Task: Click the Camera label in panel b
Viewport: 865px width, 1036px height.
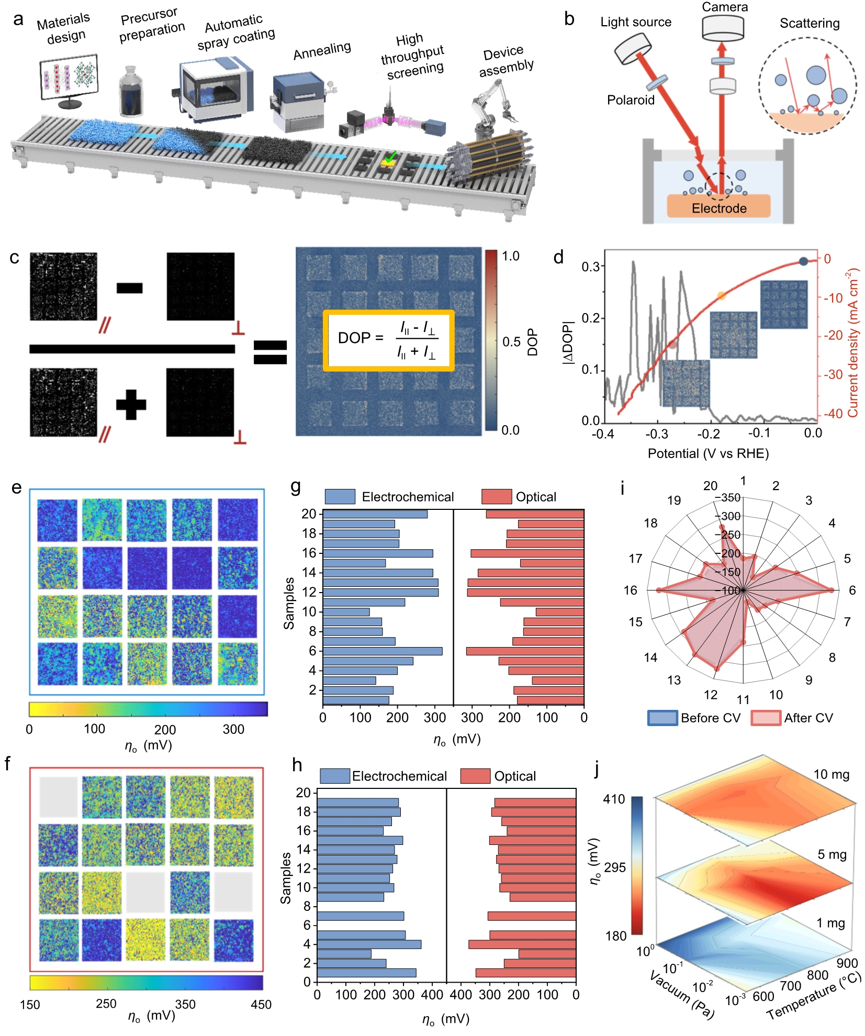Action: (725, 7)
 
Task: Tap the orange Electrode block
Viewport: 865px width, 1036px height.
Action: (718, 207)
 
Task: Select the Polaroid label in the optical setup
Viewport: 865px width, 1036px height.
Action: (631, 100)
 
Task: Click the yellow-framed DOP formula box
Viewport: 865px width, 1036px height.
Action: (388, 341)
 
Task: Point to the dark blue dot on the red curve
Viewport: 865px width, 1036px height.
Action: (803, 261)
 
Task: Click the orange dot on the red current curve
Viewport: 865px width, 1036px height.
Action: (722, 296)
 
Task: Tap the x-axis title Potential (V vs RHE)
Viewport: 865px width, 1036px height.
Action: (708, 453)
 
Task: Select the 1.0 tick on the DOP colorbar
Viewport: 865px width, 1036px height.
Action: (511, 257)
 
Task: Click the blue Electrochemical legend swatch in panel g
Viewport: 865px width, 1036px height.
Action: (340, 497)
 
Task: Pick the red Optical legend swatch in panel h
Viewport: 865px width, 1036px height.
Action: (475, 776)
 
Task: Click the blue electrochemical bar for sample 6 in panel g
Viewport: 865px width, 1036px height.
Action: (383, 651)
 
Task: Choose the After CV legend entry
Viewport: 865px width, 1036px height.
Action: (792, 718)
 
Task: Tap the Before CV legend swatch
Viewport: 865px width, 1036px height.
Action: (662, 718)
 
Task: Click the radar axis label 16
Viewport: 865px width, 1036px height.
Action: (630, 591)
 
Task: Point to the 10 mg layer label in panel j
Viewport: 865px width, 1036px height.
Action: (831, 774)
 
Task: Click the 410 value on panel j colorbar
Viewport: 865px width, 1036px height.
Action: (614, 799)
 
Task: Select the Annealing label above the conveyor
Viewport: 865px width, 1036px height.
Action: (322, 51)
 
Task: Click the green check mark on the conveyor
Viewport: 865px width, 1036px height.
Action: (390, 156)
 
